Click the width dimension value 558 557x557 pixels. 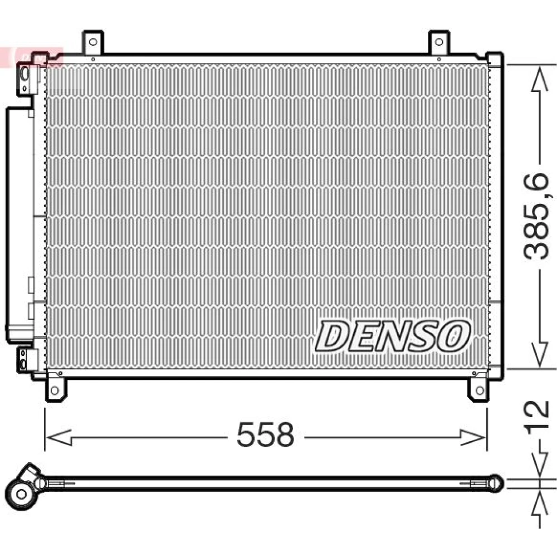[265, 434]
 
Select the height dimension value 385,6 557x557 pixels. [537, 216]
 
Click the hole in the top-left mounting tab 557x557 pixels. [93, 42]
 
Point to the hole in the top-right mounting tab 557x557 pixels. [439, 42]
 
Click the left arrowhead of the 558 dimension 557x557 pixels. [58, 437]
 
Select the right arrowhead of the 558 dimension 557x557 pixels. [473, 437]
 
